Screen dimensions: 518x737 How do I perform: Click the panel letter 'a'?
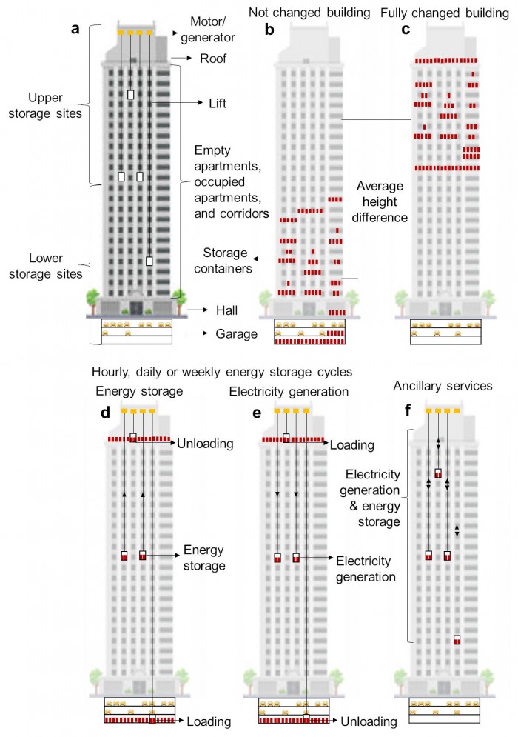(x=75, y=29)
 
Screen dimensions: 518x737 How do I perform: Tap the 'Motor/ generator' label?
(x=208, y=29)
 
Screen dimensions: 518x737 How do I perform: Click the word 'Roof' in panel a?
(x=213, y=59)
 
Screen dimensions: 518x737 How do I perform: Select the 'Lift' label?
(x=218, y=103)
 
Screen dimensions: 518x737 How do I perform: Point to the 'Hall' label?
(x=227, y=310)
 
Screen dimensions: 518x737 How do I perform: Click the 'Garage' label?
(x=237, y=334)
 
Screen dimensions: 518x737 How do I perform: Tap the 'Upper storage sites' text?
(x=45, y=105)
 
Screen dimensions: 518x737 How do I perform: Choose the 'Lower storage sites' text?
(x=46, y=266)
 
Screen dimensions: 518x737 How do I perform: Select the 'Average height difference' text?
(x=380, y=201)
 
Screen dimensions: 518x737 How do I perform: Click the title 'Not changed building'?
(x=309, y=13)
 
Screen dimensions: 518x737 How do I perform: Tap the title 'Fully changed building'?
(x=445, y=13)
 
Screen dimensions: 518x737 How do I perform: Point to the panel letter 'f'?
(x=408, y=410)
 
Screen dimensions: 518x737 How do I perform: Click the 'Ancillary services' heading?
(x=443, y=386)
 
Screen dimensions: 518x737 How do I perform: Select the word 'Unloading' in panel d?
(x=205, y=444)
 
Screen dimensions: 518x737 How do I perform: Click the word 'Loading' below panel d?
(x=209, y=721)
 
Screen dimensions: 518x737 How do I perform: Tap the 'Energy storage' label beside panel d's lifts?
(x=204, y=558)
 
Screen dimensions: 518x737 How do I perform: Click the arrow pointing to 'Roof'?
(x=182, y=58)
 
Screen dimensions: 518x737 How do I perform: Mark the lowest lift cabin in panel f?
(x=457, y=639)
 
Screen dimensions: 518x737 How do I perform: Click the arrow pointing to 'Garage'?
(x=198, y=333)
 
